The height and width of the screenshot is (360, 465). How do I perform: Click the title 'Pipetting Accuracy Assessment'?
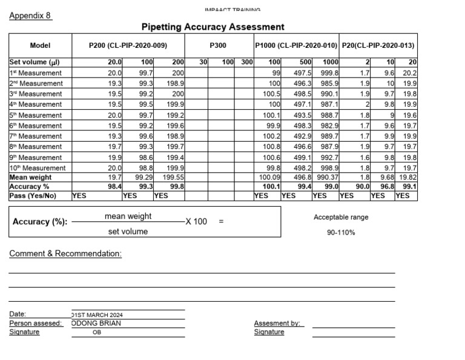213,27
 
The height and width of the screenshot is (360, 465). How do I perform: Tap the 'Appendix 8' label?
30,16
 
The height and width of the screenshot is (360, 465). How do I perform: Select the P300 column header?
218,45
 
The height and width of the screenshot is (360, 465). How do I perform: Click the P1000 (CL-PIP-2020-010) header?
296,45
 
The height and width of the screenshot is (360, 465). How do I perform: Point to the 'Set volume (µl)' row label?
34,62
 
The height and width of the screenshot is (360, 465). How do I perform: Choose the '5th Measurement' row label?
36,115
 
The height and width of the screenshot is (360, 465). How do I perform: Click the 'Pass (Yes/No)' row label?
33,196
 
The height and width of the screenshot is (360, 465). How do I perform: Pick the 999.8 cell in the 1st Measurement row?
329,73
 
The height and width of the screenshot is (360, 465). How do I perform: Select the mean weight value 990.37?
329,178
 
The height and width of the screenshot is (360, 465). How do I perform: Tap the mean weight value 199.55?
173,178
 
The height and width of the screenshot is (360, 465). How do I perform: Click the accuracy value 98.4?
115,187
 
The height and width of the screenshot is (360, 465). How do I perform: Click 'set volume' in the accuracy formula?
128,232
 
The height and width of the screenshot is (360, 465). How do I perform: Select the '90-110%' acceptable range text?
341,232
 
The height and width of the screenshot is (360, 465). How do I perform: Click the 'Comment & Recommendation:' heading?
65,254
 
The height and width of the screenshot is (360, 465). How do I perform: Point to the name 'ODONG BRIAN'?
96,323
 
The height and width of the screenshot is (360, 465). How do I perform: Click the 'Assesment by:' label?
277,323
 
